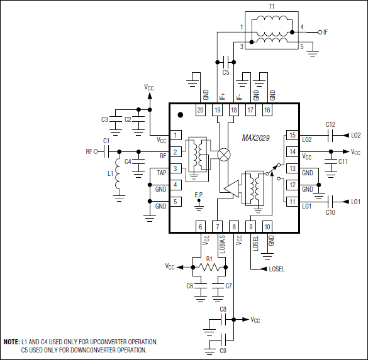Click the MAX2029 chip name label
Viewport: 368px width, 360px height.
tap(256, 138)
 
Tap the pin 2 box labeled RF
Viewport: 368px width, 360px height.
tap(177, 152)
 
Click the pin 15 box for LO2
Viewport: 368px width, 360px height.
tap(291, 135)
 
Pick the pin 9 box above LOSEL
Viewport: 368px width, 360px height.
tap(250, 227)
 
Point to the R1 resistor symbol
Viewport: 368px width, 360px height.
tap(209, 267)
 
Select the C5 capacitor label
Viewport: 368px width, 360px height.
tap(225, 73)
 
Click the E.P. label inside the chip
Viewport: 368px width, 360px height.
tap(199, 194)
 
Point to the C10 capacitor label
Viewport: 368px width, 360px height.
tap(330, 212)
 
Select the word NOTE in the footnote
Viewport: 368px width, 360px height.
tap(11, 342)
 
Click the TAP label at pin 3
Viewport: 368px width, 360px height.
tap(162, 172)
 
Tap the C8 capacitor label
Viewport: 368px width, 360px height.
tap(223, 309)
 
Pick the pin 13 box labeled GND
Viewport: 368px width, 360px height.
tap(291, 168)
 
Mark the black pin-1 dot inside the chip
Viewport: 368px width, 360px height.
tap(181, 115)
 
